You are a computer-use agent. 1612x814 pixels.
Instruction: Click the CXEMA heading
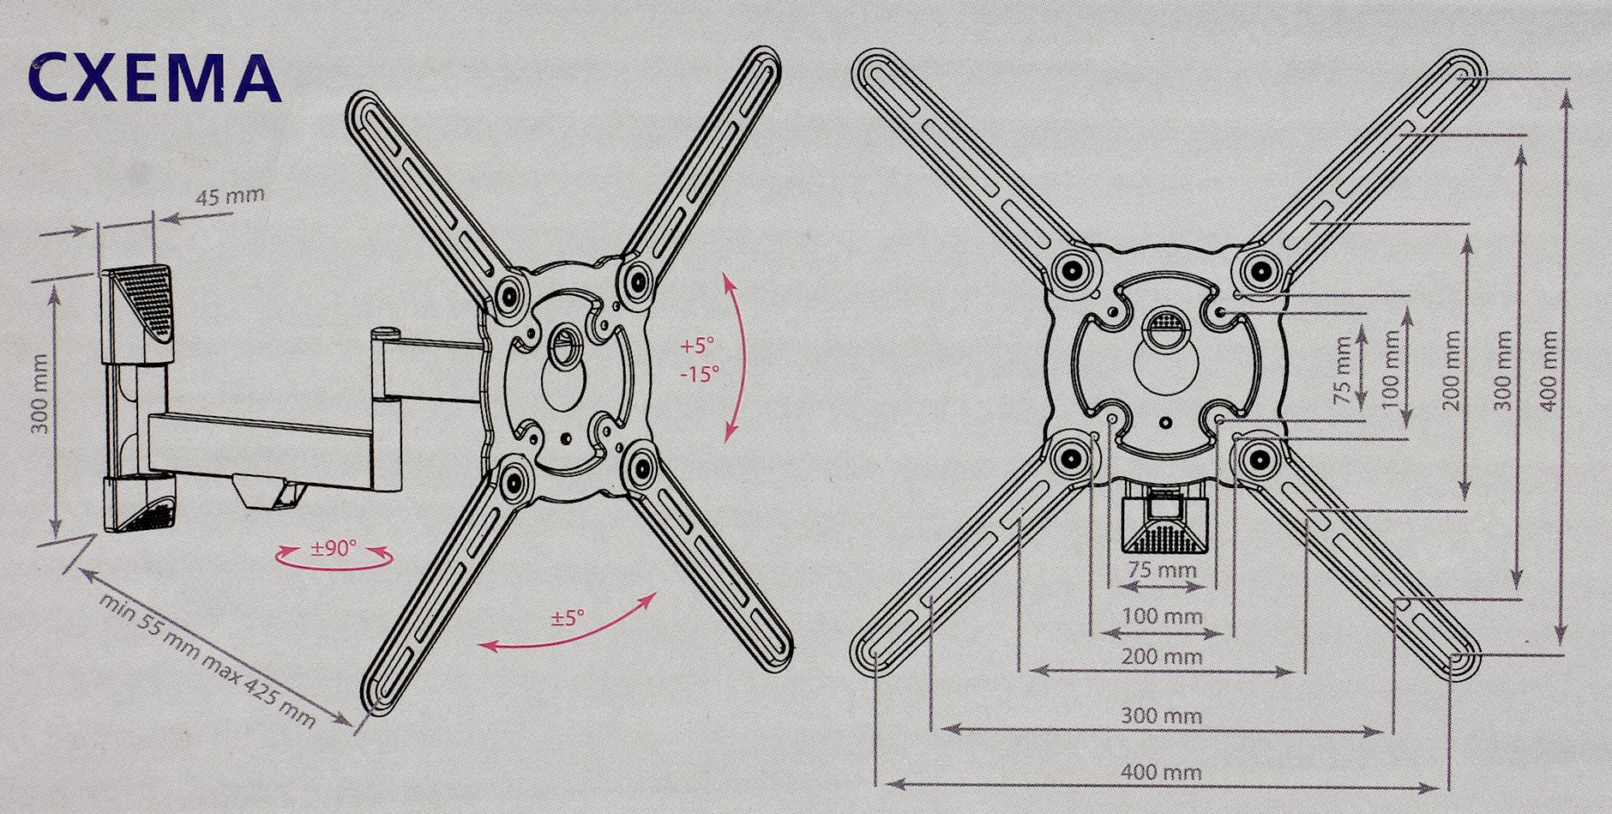coord(154,78)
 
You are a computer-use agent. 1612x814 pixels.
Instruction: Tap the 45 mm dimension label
coord(231,196)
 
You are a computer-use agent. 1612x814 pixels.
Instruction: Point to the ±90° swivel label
coord(334,548)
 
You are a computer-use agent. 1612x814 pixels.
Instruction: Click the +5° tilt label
coord(697,347)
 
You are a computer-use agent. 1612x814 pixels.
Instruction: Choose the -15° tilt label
coord(699,375)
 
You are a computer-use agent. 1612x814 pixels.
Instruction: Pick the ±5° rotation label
coord(567,618)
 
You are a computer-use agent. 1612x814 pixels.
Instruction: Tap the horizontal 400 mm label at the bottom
coord(1161,771)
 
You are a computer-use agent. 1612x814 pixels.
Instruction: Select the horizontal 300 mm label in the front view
coord(1162,715)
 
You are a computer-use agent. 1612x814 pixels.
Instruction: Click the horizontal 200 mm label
coord(1162,658)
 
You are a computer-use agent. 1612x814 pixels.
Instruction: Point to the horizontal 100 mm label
coord(1163,616)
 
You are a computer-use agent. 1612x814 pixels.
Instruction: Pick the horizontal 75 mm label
coord(1163,570)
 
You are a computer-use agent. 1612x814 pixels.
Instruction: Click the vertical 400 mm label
coord(1549,371)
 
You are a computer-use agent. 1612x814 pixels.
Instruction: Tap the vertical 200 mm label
coord(1452,371)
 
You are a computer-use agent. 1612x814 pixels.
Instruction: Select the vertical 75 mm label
coord(1344,371)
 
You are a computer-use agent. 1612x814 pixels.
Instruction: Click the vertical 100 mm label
coord(1391,369)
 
